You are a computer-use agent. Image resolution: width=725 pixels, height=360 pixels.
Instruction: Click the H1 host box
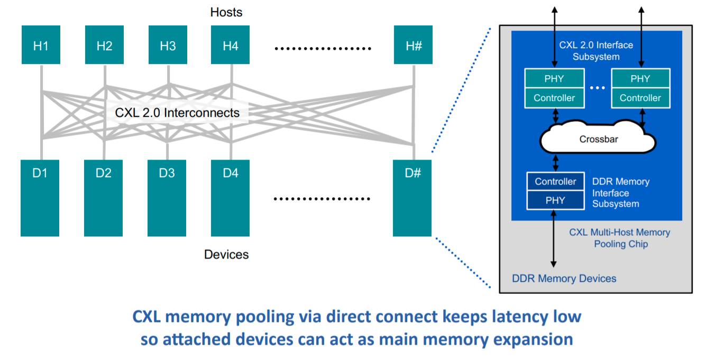(x=41, y=45)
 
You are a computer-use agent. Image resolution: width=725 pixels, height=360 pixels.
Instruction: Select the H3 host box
(x=168, y=45)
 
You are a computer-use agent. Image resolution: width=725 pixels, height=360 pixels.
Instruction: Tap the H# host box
(x=413, y=45)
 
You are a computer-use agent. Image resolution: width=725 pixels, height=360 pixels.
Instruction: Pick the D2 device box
(x=104, y=198)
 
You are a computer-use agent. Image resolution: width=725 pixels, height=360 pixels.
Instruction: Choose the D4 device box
(x=230, y=198)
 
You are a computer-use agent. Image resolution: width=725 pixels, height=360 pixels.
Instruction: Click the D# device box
(x=412, y=198)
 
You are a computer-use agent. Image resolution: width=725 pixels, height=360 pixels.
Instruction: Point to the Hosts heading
(x=226, y=12)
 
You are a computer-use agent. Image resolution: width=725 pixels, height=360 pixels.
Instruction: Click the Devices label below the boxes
(x=226, y=254)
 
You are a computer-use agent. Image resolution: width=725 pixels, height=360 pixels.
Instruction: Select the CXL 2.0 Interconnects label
(x=177, y=113)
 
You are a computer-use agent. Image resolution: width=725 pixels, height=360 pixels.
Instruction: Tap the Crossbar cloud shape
(x=598, y=140)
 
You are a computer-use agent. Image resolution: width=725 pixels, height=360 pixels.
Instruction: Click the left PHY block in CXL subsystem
(x=554, y=79)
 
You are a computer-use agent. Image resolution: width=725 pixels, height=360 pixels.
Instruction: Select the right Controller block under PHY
(x=640, y=98)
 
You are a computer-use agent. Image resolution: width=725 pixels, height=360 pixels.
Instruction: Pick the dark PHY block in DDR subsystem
(x=555, y=200)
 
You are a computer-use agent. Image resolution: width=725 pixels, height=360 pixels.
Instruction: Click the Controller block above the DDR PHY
(x=555, y=181)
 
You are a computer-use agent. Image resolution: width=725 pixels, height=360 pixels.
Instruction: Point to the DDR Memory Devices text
(x=564, y=278)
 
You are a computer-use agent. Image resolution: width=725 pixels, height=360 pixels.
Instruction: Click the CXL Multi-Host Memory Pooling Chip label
(x=619, y=238)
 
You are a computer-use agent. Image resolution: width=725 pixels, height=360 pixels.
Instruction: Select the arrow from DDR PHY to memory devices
(x=554, y=238)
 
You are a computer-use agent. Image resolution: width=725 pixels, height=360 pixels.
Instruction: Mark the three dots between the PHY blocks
(x=597, y=88)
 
